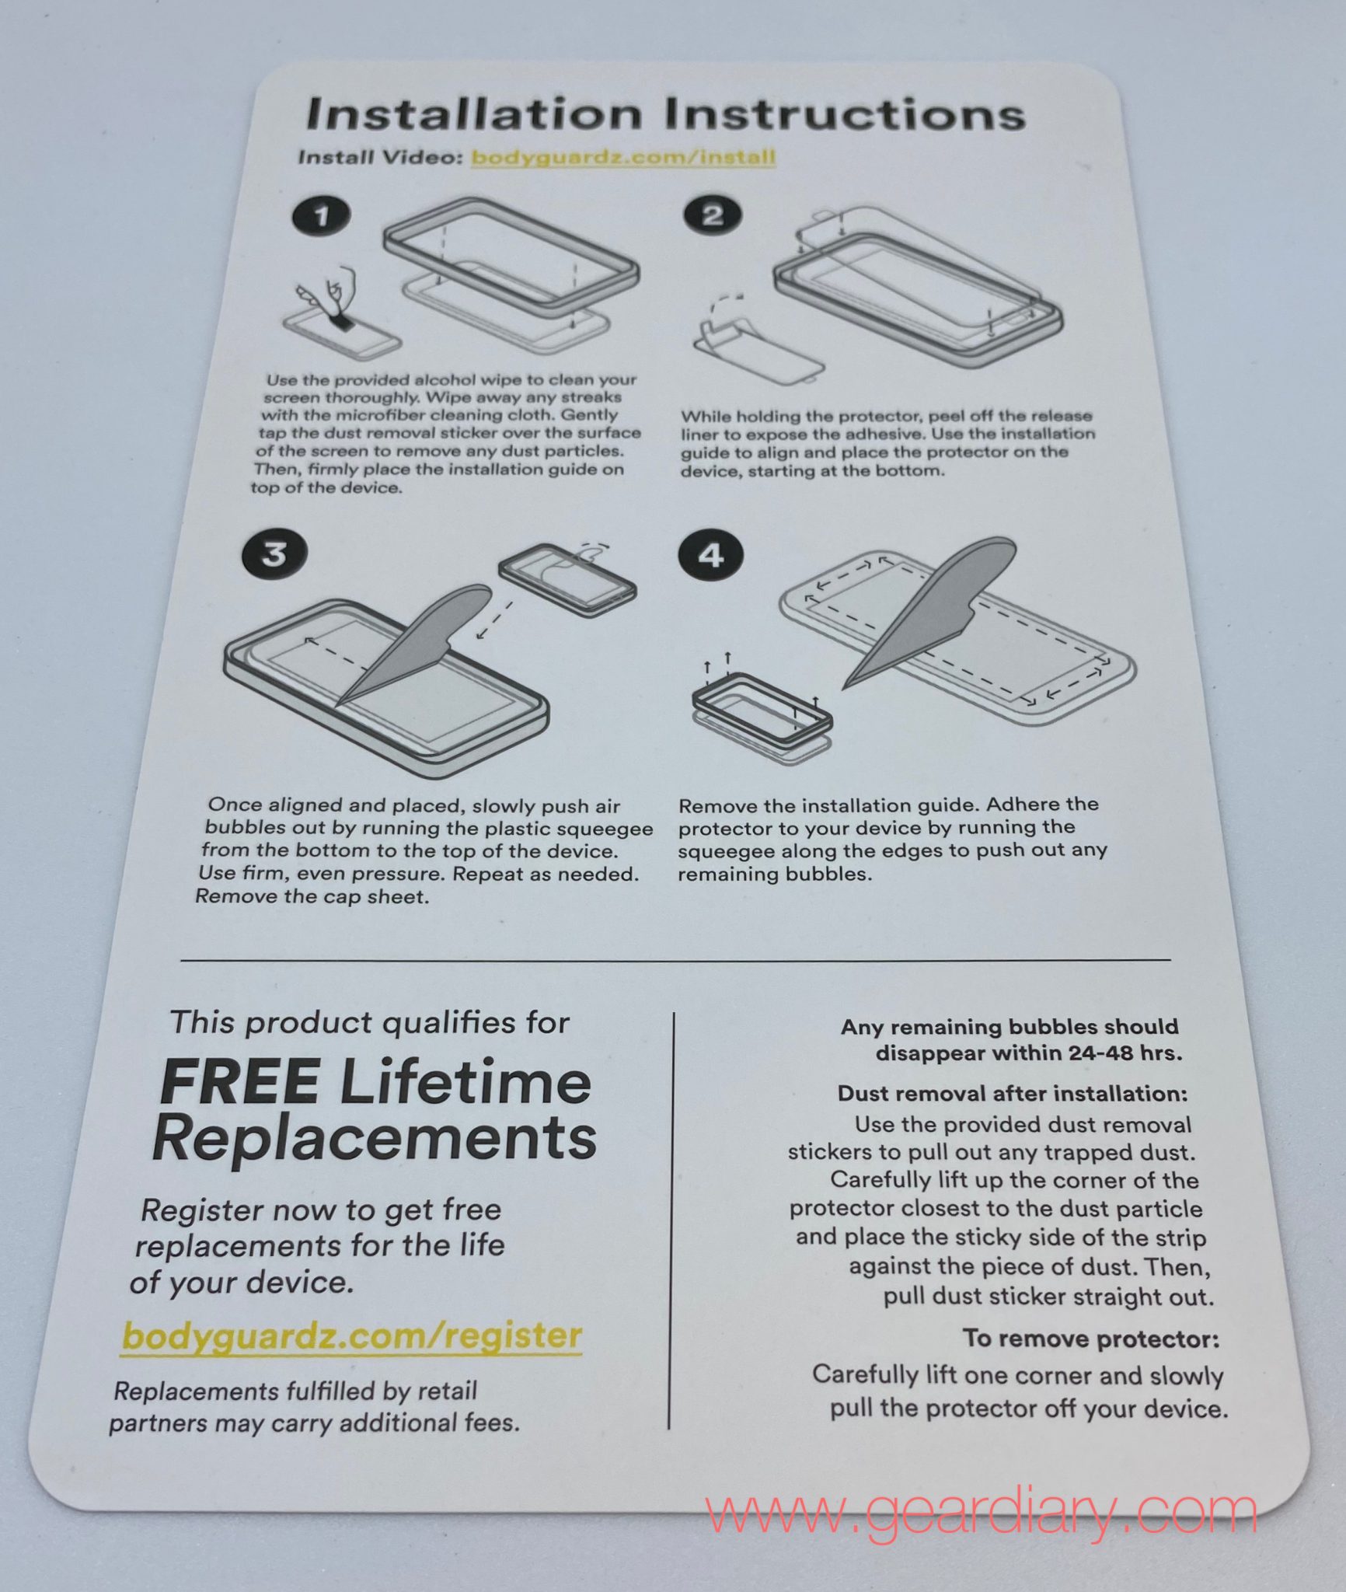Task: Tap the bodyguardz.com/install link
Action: (x=623, y=157)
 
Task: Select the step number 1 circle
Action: (x=321, y=215)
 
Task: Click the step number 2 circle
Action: (x=712, y=215)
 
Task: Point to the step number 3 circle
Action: (x=274, y=553)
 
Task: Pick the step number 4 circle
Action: (x=711, y=555)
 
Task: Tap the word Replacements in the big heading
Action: (x=375, y=1138)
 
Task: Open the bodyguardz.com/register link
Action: (x=352, y=1335)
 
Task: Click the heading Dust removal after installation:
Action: (x=1012, y=1093)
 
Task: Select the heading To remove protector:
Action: (x=1090, y=1339)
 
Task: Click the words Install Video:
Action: (x=381, y=157)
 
